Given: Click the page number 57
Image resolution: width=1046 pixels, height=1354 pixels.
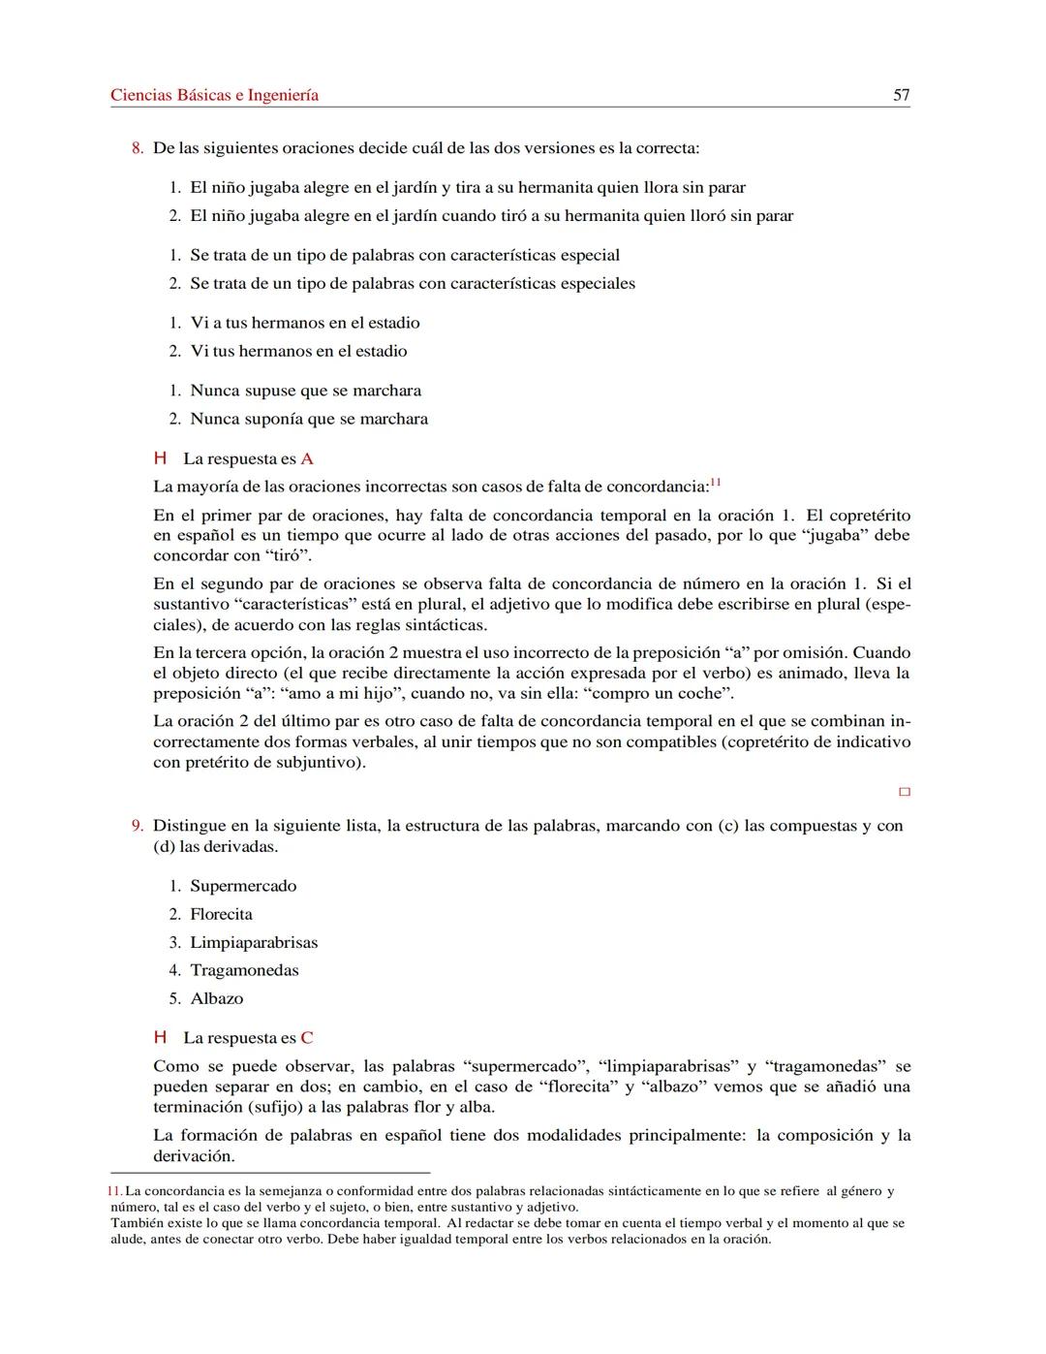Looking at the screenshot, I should [x=901, y=95].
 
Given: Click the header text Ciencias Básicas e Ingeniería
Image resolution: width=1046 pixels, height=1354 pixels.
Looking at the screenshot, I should [x=214, y=95].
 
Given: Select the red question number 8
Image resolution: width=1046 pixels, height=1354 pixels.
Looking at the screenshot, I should [x=138, y=148].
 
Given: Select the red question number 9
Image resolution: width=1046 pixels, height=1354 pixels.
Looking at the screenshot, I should [x=138, y=826].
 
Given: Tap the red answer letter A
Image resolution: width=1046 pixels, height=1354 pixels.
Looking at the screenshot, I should [x=307, y=459].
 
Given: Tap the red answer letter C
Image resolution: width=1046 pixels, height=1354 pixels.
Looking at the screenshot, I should [x=307, y=1038].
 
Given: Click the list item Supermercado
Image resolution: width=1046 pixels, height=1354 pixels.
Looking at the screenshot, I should [x=243, y=886].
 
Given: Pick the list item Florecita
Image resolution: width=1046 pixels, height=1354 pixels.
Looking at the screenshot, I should [x=221, y=914].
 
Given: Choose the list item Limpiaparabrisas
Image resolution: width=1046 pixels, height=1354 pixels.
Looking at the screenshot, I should [x=254, y=942].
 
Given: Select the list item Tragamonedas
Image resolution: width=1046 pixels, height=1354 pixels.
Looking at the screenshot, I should [x=244, y=970].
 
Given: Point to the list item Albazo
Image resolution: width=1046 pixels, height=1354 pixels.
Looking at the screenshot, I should [x=217, y=998].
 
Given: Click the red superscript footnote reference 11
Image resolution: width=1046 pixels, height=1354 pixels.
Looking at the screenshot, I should [x=716, y=482].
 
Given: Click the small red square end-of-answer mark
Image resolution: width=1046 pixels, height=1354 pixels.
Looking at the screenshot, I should [x=905, y=792].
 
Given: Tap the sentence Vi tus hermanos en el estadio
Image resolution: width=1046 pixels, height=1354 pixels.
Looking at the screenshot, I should [x=298, y=351].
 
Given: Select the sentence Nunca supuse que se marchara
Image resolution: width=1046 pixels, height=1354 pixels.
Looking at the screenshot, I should [x=305, y=391].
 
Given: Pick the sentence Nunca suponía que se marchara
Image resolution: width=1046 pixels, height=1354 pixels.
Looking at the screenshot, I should [x=309, y=419].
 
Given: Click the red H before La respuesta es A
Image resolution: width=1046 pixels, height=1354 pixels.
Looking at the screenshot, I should [x=161, y=459].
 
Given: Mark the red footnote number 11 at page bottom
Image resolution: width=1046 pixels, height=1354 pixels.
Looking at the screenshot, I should [x=115, y=1191].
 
